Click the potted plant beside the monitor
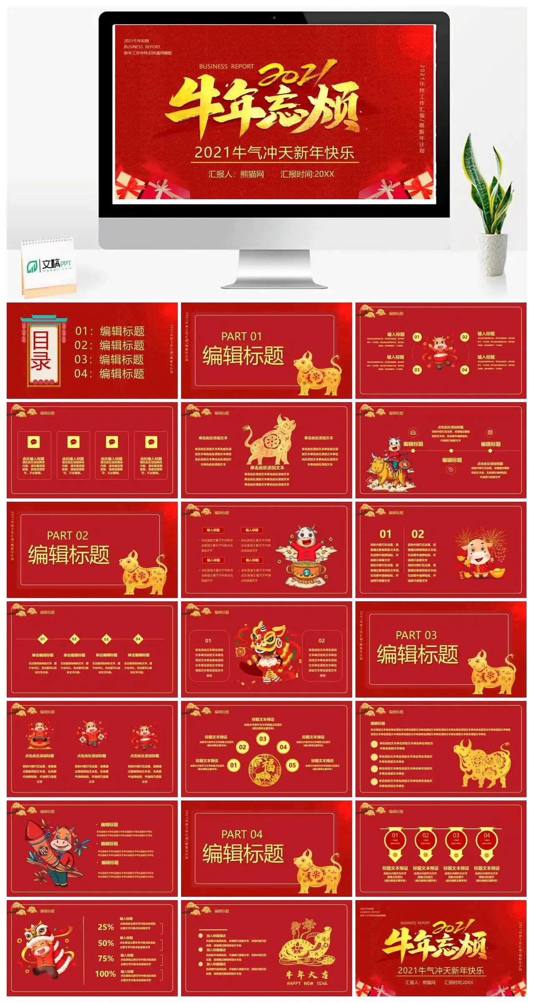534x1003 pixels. point(490,217)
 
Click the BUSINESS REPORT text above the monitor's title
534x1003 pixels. point(226,66)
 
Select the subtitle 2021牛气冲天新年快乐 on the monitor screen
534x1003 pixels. point(274,153)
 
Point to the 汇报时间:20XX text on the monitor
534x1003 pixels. point(307,174)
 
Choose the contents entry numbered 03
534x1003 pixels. point(109,359)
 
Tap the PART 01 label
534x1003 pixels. point(241,336)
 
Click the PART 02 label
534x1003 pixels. point(67,535)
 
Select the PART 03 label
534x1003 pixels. point(416,635)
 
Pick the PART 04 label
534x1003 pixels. point(242,834)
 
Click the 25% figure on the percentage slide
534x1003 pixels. point(106,927)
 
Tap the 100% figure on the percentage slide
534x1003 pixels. point(105,974)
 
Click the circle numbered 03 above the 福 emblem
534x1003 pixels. point(262,739)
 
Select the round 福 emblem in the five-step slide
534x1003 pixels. point(264,770)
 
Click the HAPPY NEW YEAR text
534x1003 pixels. point(307,983)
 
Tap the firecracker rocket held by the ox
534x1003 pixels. point(40,848)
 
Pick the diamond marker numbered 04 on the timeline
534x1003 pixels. point(138,639)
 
